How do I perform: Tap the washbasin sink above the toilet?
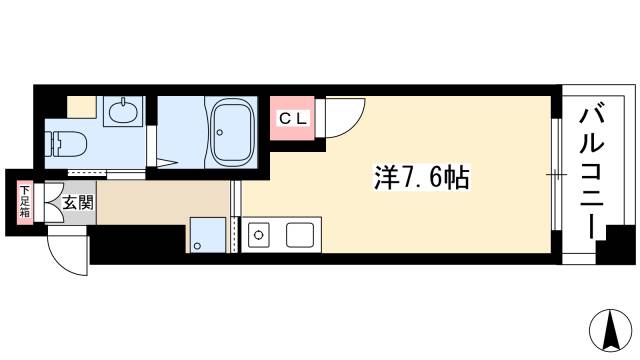[x=124, y=111]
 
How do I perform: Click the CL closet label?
[x=294, y=118]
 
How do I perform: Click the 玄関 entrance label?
[x=77, y=202]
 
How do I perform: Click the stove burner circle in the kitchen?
[x=259, y=237]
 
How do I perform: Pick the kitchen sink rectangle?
[x=300, y=236]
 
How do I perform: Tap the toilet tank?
[x=54, y=143]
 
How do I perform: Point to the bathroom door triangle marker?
[x=168, y=160]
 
